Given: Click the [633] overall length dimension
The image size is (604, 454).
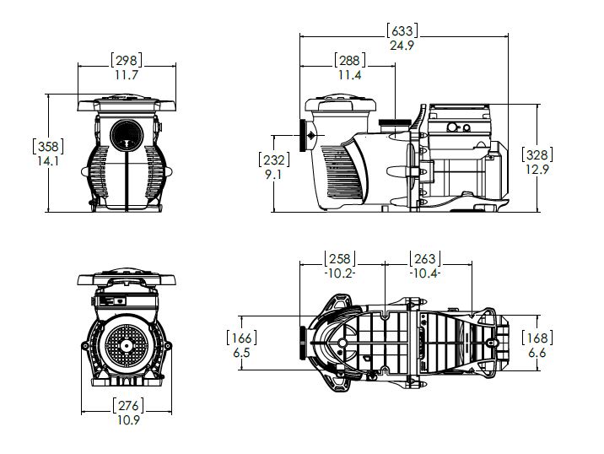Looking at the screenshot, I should coord(402,31).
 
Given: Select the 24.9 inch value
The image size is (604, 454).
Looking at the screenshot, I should coord(402,46).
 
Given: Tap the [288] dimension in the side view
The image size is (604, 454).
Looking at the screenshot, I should coord(349,61).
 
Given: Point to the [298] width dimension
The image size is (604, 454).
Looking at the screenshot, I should coord(126,60).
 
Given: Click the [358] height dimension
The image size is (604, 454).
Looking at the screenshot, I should coord(46,145).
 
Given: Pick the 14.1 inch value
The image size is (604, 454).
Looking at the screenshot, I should coord(46,160).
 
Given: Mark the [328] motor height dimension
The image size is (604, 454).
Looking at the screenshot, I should coord(537,154).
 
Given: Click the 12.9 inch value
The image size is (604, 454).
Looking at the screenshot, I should coord(537,170).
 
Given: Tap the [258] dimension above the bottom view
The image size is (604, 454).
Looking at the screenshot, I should coord(341,258).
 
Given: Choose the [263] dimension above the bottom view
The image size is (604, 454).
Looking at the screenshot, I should coord(423,258).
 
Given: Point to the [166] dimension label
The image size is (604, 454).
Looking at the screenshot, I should coord(241,338).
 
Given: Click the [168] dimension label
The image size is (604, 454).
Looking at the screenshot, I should coord(537,338).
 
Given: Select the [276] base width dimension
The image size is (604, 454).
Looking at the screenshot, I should coord(128,405).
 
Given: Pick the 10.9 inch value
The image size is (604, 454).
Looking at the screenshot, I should coord(128,419).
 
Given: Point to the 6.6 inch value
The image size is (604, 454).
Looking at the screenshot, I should coord(537,353).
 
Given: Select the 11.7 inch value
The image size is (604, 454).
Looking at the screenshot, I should coord(126,75).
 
